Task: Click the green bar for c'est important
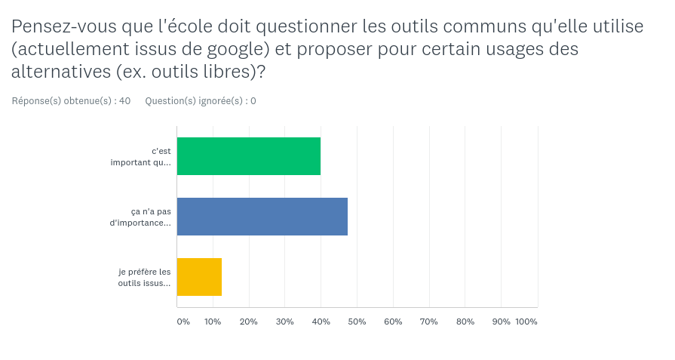(x=249, y=156)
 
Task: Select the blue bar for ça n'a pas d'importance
(x=262, y=217)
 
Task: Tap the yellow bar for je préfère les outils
(x=199, y=277)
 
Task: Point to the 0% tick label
(x=183, y=322)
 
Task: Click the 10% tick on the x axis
(x=213, y=322)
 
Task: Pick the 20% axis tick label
(x=249, y=322)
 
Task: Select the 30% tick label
(x=285, y=322)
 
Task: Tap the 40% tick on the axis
(x=321, y=322)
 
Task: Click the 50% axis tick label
(x=357, y=322)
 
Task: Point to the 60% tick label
(x=393, y=322)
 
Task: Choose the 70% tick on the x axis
(x=429, y=322)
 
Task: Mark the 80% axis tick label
(x=465, y=322)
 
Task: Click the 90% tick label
(x=501, y=322)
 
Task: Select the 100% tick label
(x=526, y=322)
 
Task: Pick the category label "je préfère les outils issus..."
(x=144, y=277)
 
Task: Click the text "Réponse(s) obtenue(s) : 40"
(x=71, y=100)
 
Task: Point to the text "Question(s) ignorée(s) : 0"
(x=200, y=100)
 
